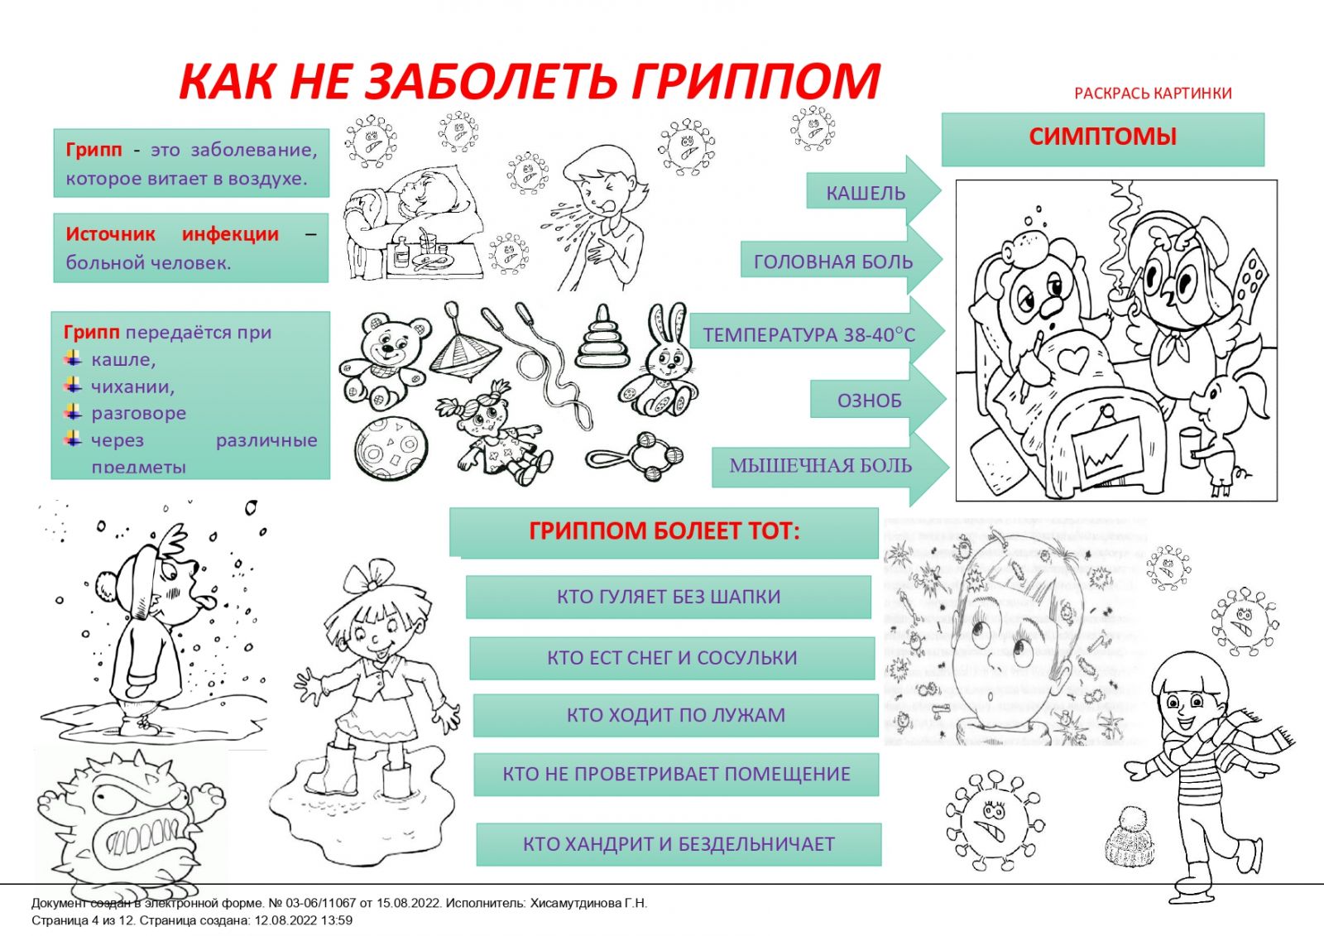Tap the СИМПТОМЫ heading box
coord(1102,137)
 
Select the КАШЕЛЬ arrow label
coord(866,194)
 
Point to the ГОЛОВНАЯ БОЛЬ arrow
coord(833,262)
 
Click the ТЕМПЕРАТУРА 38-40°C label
coord(809,335)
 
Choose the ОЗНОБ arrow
coord(869,401)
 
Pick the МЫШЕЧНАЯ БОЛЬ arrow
coord(821,466)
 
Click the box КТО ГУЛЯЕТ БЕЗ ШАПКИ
coord(669,597)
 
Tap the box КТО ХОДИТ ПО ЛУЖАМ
coord(675,715)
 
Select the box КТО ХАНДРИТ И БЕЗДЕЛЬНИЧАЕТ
coord(679,844)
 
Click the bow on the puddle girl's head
coord(370,573)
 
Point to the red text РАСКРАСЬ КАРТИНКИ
coord(1153,94)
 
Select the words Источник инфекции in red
coord(172,234)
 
